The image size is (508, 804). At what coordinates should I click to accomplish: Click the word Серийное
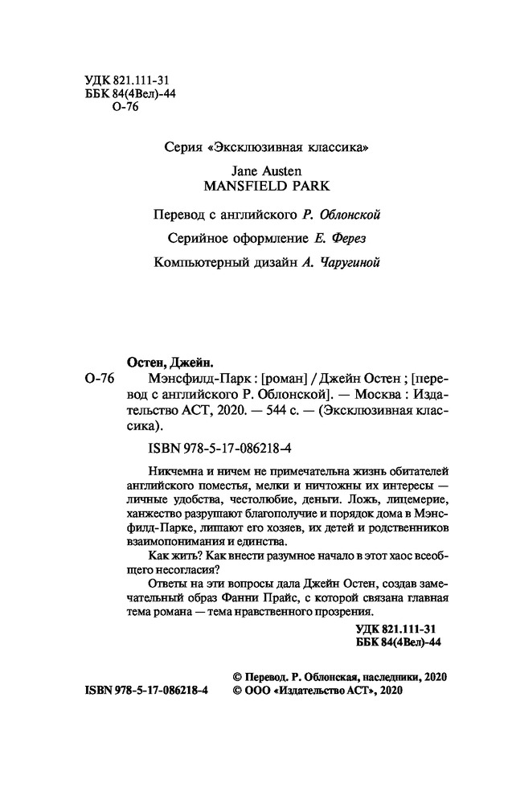pyautogui.click(x=196, y=238)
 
